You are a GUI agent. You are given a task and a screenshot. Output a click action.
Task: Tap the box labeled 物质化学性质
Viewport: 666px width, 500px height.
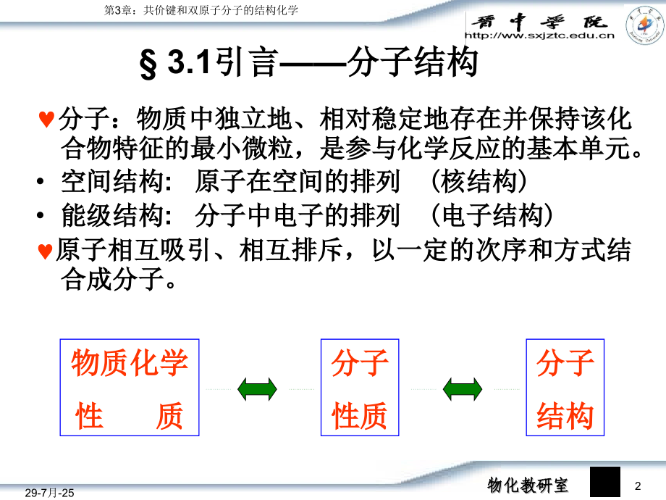click(128, 388)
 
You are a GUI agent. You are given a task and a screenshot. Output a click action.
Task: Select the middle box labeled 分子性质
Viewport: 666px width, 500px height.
click(359, 388)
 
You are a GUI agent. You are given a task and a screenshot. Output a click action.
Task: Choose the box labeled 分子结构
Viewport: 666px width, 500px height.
click(565, 388)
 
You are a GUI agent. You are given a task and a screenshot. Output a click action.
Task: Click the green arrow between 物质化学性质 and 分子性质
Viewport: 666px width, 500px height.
click(257, 389)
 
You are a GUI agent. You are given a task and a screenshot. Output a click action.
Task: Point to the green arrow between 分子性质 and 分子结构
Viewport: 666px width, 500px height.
click(463, 389)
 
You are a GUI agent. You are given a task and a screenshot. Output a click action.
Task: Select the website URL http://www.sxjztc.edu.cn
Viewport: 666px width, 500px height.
click(539, 34)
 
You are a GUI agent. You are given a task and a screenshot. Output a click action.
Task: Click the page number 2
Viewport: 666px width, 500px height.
click(638, 485)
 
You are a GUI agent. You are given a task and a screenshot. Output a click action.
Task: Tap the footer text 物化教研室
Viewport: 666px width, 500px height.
click(527, 484)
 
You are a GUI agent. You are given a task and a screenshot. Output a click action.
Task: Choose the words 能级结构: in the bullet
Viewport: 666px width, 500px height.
click(117, 216)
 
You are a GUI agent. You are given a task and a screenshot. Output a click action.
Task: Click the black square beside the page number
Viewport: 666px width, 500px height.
click(605, 482)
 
